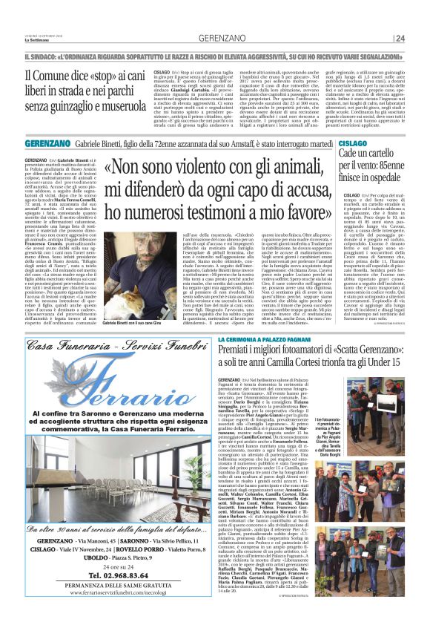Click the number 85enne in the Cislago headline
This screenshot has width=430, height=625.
[x=393, y=163]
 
